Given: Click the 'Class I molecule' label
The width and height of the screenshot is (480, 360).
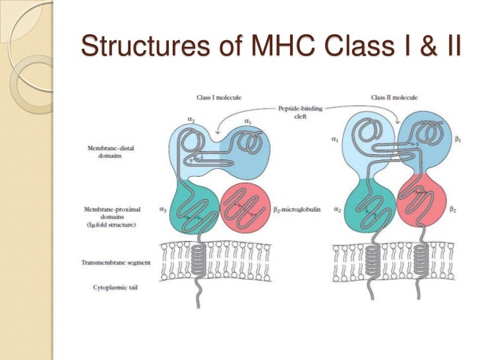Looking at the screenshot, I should click(219, 98).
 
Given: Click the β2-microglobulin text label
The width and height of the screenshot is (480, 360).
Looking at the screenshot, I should click(291, 210).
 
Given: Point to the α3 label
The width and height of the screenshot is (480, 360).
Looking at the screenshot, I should click(162, 210).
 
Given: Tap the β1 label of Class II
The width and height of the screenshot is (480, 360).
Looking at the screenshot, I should click(458, 140).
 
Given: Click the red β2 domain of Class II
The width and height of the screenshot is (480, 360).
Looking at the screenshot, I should click(421, 201).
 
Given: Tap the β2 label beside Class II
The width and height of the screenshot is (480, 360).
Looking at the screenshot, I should click(453, 210).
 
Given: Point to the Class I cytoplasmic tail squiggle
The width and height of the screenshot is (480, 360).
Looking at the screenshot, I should click(198, 295).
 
